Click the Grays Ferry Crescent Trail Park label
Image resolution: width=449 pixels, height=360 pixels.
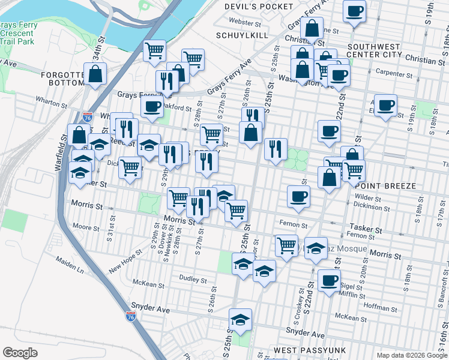point(19,33)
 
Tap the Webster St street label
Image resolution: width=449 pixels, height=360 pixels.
point(249,23)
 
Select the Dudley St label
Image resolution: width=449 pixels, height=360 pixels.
point(194,279)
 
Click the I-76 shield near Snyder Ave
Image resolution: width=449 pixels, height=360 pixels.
point(131,316)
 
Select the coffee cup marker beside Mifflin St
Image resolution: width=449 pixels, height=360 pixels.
point(329,280)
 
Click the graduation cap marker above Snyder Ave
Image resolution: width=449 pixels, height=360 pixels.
point(241,319)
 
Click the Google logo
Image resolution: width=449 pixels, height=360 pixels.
point(20,353)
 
